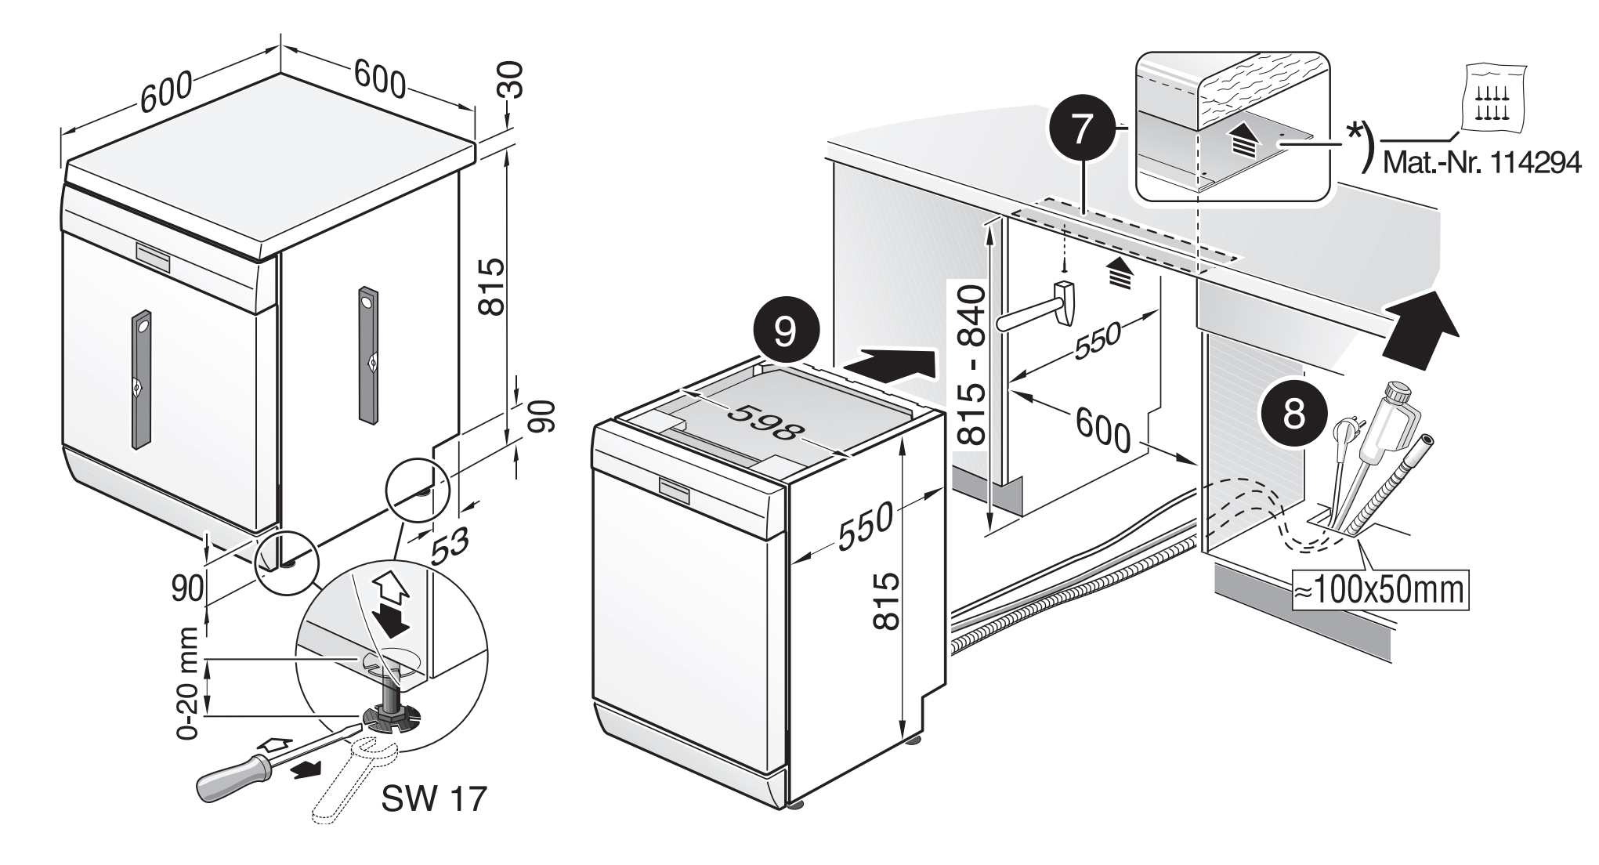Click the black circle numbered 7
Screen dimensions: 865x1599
[1081, 130]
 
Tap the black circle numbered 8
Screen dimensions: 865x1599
[1294, 414]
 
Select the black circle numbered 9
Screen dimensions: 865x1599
[785, 333]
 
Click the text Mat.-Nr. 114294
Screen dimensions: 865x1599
[1480, 163]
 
